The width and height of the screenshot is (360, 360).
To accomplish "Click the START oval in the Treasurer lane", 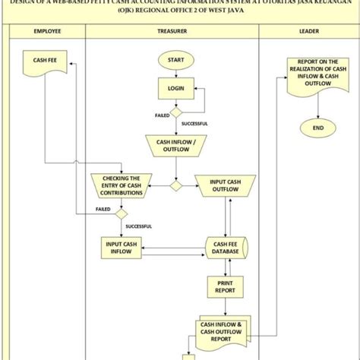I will point(175,59).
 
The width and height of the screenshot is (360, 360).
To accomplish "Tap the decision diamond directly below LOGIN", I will point(175,112).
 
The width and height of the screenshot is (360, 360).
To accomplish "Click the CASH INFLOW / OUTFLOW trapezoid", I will point(175,145).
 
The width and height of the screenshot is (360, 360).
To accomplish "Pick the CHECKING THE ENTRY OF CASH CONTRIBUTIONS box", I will point(120,185).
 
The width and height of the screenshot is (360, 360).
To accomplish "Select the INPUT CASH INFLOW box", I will point(122,247).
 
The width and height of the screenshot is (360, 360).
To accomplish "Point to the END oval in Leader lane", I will point(317,128).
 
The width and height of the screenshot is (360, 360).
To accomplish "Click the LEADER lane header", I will point(308,31).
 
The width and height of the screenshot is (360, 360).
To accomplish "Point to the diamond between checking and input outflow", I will point(175,185).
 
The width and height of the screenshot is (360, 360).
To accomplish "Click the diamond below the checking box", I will point(120,213).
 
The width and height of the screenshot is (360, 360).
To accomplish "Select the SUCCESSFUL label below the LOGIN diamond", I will point(194,123).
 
